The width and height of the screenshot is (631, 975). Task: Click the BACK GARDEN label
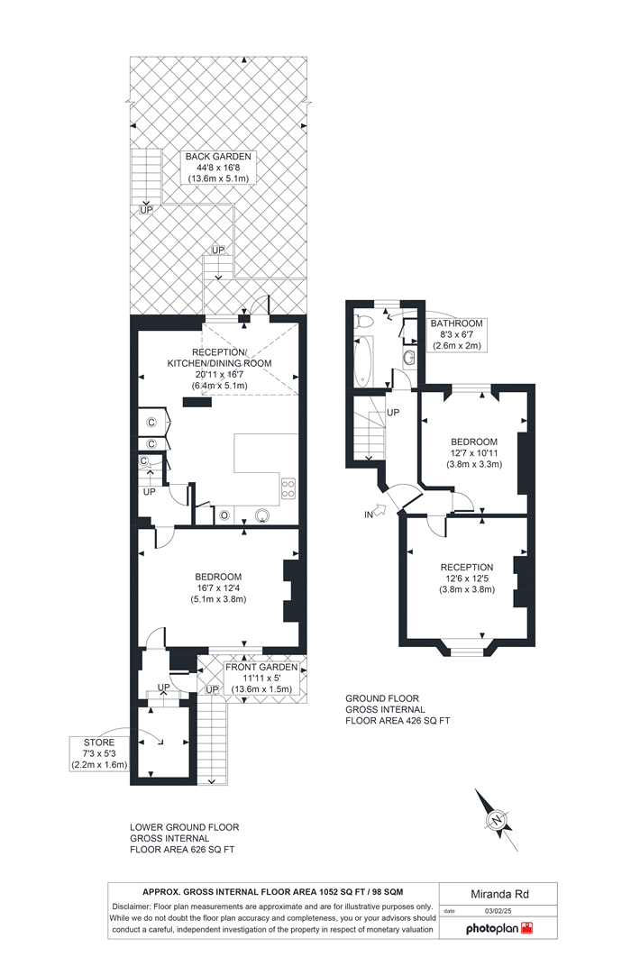click(218, 168)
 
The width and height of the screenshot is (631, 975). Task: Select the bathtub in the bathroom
click(362, 360)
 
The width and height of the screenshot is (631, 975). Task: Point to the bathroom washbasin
click(409, 357)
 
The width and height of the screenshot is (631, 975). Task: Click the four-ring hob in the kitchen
click(288, 487)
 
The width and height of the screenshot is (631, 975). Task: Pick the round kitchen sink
click(263, 515)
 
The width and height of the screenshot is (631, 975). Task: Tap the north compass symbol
click(496, 819)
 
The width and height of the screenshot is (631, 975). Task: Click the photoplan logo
click(499, 928)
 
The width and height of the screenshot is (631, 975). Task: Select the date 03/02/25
click(498, 911)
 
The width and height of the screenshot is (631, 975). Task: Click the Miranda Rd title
click(499, 894)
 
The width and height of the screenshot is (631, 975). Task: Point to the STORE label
click(99, 753)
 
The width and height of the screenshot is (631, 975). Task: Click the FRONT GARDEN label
click(261, 678)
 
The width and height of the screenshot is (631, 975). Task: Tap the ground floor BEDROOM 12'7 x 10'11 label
click(474, 452)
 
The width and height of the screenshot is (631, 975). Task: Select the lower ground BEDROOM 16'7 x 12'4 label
click(218, 588)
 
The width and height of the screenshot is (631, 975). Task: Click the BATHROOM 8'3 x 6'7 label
click(457, 334)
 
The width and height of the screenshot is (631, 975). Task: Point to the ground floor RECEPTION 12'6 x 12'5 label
click(467, 578)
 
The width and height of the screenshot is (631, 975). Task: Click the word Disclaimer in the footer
click(131, 907)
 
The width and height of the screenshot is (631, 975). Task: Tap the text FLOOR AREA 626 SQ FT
click(182, 850)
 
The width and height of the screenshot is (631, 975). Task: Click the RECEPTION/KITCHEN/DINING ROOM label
click(219, 369)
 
